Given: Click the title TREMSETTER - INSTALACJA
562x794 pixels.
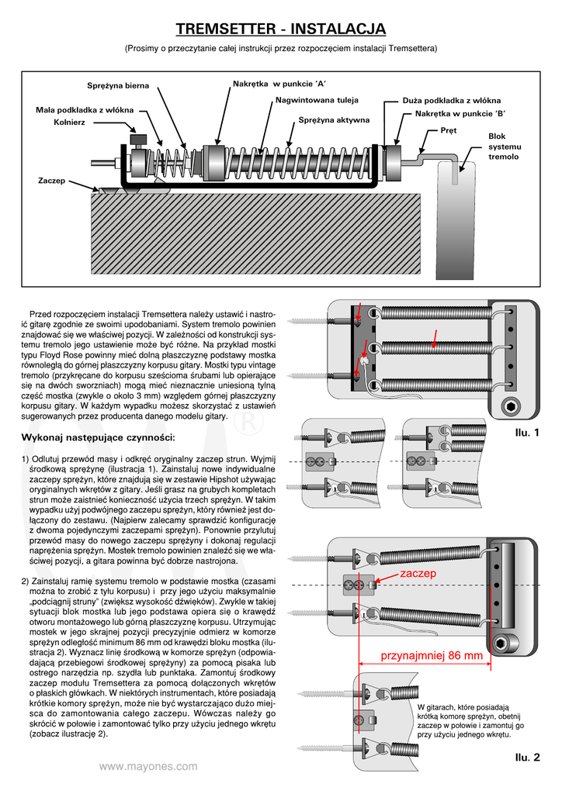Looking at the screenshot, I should point(280,29).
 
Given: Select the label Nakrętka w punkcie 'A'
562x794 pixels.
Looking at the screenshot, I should point(279,82).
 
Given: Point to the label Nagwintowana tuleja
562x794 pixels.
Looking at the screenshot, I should point(317,100).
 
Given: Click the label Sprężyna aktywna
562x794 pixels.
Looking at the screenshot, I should point(334,120).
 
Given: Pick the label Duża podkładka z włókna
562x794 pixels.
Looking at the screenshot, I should point(452,101).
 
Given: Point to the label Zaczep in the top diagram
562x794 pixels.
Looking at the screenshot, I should point(51,180).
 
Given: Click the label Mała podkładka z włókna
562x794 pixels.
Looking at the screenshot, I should point(85,109).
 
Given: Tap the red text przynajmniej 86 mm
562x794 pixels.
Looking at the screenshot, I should point(432,656).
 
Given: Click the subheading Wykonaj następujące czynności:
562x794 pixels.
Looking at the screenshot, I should point(98,437).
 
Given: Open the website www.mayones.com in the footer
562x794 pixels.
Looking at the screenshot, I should point(148,767).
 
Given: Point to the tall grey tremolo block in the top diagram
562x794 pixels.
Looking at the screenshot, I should point(455,217).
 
